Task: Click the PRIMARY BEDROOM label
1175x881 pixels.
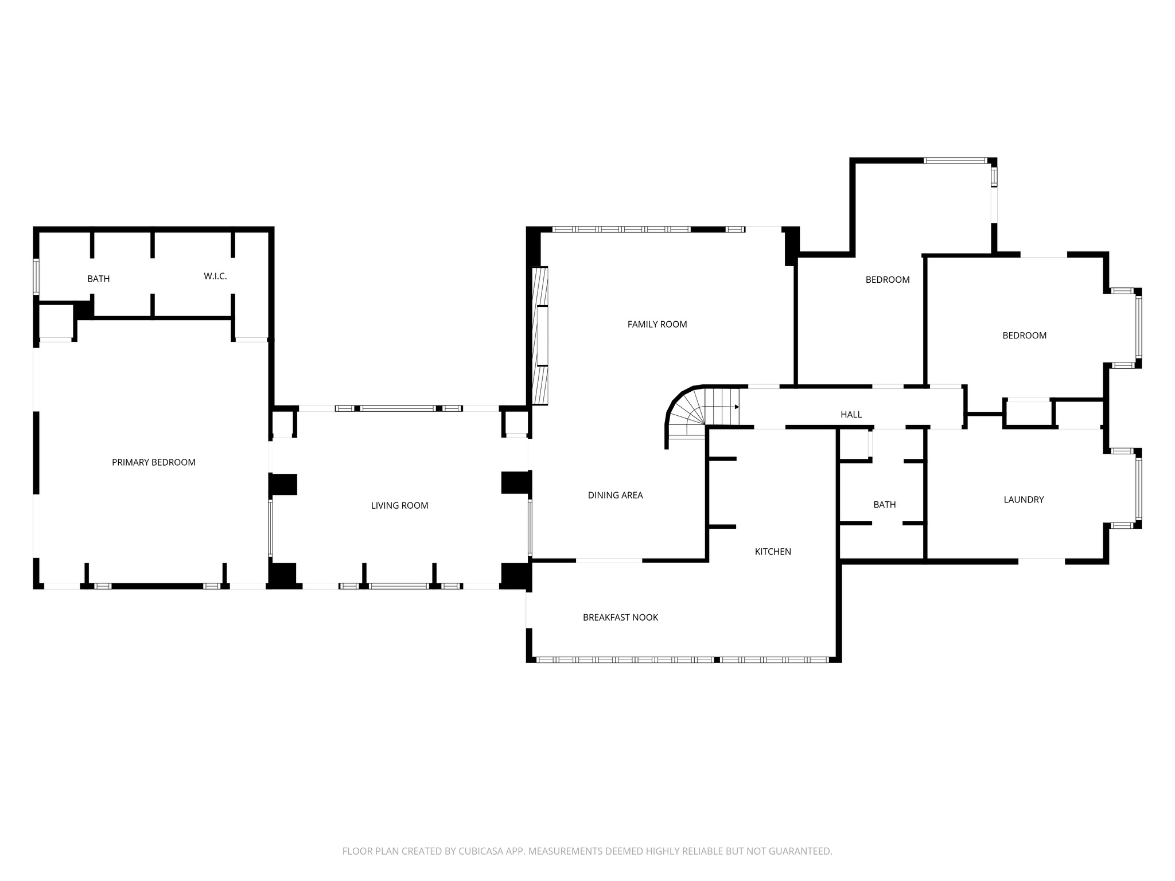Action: click(153, 462)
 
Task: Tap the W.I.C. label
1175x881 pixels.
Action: click(215, 276)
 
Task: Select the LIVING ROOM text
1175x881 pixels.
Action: click(399, 505)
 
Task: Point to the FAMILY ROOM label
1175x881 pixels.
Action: click(657, 324)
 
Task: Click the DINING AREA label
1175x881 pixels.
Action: click(615, 495)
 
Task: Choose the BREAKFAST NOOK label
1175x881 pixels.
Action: click(620, 617)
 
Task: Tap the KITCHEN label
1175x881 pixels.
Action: click(773, 551)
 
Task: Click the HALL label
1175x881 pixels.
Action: click(851, 414)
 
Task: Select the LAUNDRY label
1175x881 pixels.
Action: click(1024, 500)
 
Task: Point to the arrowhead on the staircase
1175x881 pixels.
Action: click(737, 407)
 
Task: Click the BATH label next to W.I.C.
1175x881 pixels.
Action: click(98, 279)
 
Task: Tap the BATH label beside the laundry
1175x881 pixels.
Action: click(884, 505)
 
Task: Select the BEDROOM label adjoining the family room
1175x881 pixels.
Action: click(887, 280)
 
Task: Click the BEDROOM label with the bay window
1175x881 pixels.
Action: click(1024, 336)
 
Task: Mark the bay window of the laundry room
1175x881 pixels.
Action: click(1138, 488)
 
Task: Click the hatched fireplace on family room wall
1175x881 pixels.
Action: click(540, 336)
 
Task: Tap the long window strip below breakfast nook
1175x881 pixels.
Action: click(683, 660)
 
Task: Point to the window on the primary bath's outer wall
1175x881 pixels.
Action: click(36, 277)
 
